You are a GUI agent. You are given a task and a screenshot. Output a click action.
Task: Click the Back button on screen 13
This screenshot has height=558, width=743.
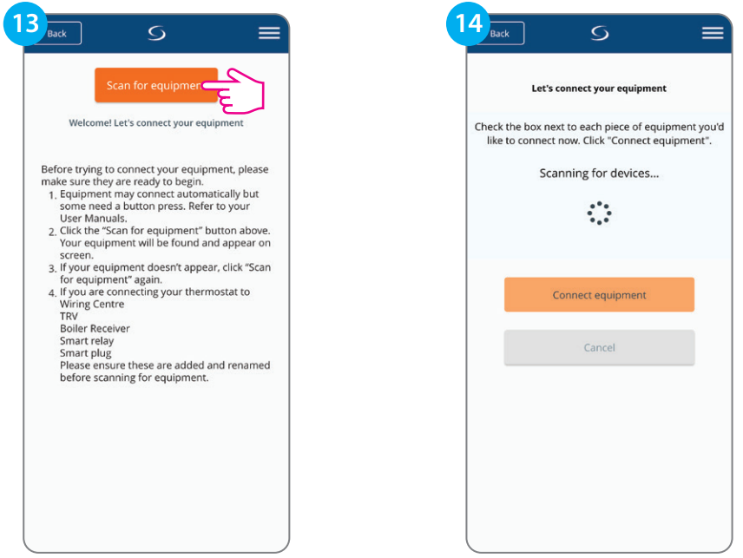[59, 34]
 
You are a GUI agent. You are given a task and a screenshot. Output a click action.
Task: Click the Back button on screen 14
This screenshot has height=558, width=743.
[503, 34]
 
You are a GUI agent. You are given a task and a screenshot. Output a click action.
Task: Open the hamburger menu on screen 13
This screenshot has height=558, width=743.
[269, 33]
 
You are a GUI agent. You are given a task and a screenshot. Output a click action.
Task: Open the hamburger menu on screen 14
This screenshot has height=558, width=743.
[713, 33]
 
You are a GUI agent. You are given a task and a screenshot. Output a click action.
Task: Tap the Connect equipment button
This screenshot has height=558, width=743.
[599, 295]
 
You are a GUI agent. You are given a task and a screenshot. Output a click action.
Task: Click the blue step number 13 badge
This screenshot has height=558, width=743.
[25, 23]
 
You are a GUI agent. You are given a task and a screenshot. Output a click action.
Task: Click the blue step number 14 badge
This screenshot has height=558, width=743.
[468, 23]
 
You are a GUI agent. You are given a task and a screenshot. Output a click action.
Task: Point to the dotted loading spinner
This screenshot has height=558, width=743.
[599, 213]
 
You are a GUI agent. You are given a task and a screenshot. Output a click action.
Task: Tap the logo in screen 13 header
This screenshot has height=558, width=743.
[156, 33]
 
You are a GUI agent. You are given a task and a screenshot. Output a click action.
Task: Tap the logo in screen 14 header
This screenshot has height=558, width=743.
[600, 33]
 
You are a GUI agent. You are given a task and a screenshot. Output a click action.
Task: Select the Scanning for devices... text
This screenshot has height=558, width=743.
[599, 174]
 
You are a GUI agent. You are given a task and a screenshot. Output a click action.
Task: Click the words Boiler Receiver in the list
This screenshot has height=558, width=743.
[95, 328]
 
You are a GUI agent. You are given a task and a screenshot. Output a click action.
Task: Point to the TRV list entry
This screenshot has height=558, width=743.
[69, 316]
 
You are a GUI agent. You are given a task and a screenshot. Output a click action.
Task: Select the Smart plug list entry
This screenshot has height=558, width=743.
[86, 353]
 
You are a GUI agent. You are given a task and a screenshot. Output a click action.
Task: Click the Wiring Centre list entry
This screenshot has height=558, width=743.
[92, 304]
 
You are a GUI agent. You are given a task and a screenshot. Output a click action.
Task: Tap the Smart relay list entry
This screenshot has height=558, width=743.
[87, 340]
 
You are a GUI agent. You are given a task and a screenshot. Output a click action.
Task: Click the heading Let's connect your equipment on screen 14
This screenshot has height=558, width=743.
[599, 89]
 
